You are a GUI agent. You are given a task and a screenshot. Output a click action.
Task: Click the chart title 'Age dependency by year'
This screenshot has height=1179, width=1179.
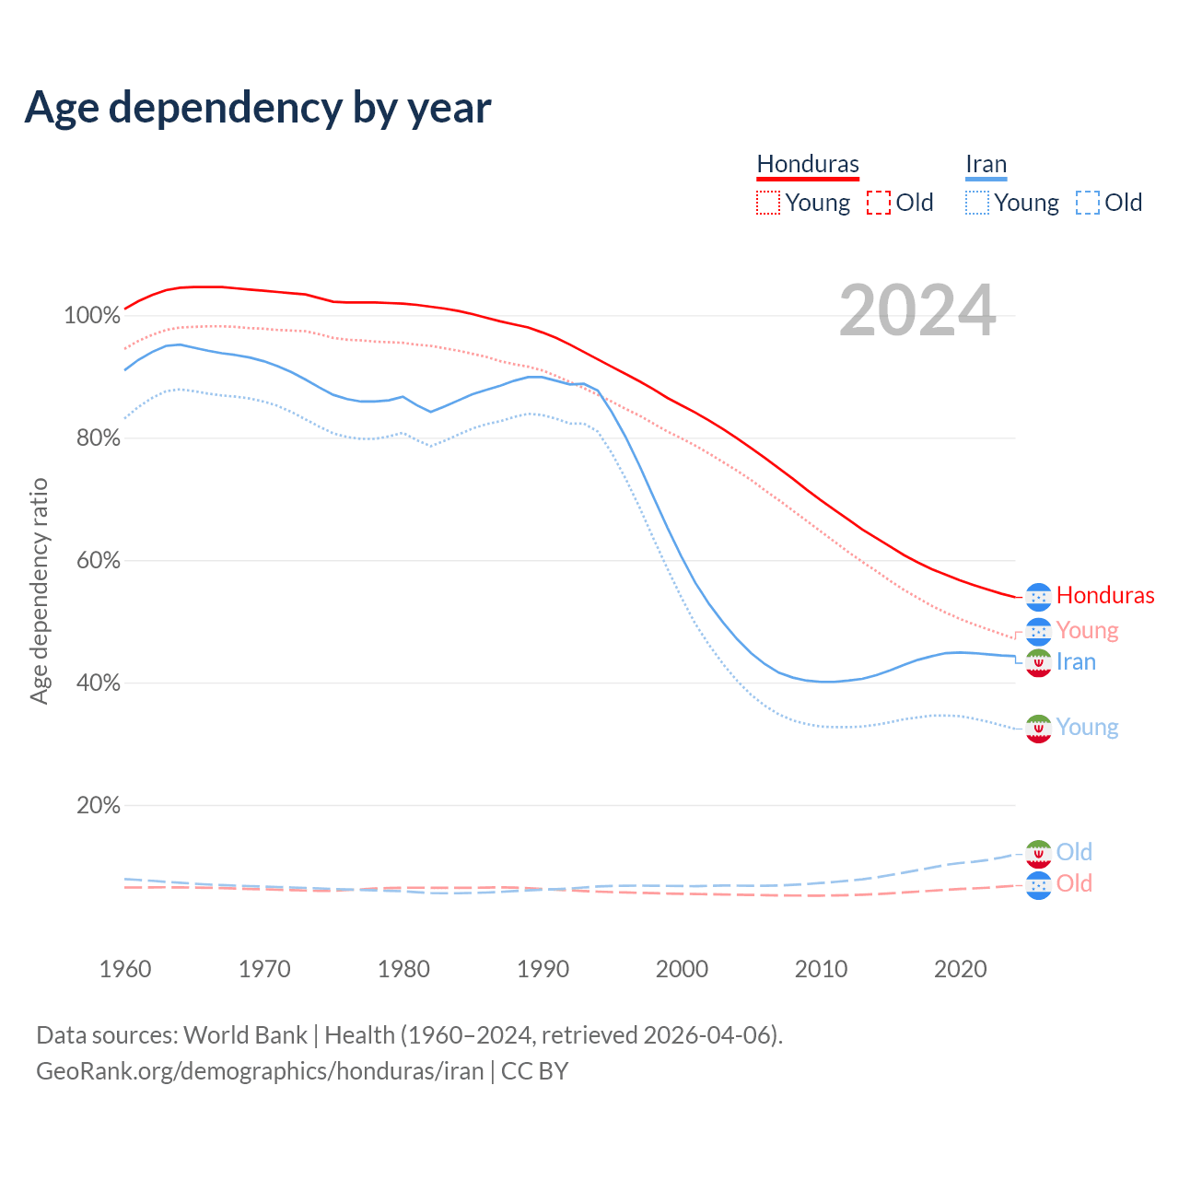[258, 108]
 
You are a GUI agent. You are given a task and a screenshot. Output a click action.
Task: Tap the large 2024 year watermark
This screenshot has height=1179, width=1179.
[917, 310]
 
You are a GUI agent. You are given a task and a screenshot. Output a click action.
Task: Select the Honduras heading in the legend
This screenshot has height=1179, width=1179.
[808, 164]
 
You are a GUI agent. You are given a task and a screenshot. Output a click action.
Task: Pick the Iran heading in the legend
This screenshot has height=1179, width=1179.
[986, 164]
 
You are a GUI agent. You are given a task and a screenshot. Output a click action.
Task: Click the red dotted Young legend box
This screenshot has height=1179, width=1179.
[768, 203]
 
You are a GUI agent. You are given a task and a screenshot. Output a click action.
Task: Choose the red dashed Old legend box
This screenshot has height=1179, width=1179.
[879, 203]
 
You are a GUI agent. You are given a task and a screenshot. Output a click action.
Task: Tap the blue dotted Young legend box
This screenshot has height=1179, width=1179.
[977, 203]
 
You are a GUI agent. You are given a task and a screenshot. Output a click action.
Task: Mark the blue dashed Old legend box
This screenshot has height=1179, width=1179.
[1088, 203]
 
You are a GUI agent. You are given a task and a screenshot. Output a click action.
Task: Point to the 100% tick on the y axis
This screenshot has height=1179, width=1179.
[92, 316]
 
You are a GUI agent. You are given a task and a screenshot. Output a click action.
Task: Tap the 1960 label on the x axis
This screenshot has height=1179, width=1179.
[125, 969]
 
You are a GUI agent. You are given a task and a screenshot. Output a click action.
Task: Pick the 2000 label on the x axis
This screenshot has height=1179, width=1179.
[682, 969]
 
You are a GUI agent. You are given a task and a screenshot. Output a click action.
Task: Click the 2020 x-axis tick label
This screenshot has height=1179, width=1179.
[960, 969]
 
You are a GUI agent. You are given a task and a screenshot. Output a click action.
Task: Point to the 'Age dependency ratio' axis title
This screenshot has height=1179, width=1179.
[39, 590]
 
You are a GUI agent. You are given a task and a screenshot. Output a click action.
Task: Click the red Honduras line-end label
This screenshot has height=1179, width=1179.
[1105, 595]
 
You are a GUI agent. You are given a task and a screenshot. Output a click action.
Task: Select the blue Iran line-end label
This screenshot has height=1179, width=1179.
[1076, 661]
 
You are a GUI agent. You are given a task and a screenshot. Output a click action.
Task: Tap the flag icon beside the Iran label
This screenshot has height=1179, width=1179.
[1038, 663]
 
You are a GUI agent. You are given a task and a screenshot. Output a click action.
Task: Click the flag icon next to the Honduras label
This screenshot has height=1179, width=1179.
[1038, 597]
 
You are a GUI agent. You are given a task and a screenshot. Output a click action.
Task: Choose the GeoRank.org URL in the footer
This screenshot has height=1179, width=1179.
[260, 1071]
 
